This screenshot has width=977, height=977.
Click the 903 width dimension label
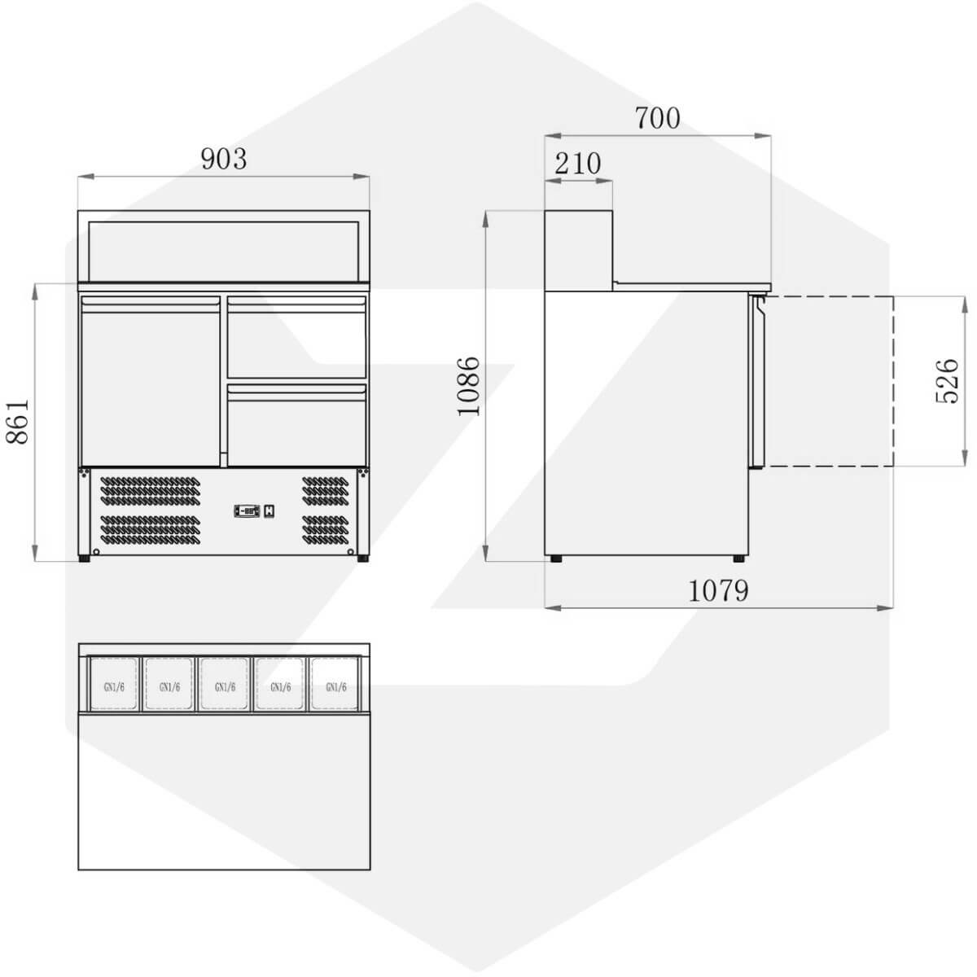point(224,159)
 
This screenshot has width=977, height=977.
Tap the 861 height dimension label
point(17,422)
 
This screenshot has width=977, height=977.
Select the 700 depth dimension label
point(657,118)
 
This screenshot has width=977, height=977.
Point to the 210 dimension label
point(577,164)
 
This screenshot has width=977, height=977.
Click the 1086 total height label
point(468,387)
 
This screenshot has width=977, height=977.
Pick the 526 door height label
point(946,381)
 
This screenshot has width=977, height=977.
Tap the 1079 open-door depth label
point(718,590)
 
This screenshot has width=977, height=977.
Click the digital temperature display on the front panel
point(247,510)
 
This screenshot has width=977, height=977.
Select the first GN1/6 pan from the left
point(113,683)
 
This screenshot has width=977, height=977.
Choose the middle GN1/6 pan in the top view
point(225,683)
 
